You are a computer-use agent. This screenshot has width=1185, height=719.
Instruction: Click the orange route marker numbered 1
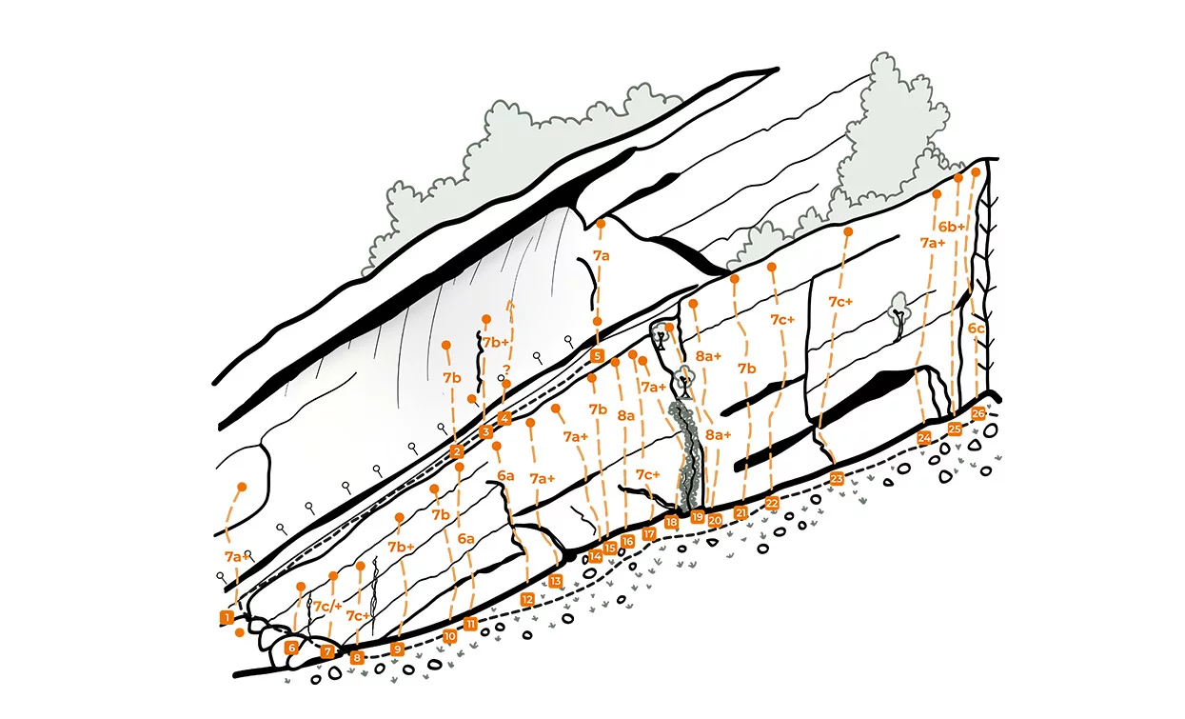click(x=227, y=617)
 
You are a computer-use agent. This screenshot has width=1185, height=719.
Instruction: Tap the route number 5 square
click(x=597, y=356)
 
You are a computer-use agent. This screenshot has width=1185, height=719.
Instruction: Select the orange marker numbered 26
click(x=978, y=413)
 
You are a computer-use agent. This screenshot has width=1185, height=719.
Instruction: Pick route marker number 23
click(x=837, y=478)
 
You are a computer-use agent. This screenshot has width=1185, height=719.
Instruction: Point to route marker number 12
click(x=527, y=600)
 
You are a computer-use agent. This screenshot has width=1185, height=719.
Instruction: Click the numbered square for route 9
click(x=398, y=649)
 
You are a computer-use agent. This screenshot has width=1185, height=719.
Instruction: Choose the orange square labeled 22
click(x=772, y=503)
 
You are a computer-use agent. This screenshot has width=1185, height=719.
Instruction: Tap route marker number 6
click(x=292, y=648)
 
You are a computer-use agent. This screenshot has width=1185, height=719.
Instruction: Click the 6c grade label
click(x=977, y=329)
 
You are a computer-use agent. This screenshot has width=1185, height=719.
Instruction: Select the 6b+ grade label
click(x=952, y=227)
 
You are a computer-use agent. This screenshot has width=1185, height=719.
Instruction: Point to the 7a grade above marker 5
click(x=601, y=255)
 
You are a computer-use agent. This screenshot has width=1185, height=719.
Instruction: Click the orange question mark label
click(x=507, y=369)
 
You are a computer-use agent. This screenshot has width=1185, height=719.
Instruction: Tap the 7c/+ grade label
click(x=328, y=607)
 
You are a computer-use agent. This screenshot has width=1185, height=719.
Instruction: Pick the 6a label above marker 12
click(x=504, y=475)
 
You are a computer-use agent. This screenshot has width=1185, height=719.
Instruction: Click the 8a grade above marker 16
click(x=625, y=416)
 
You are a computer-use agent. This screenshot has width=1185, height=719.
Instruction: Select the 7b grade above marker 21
click(x=747, y=368)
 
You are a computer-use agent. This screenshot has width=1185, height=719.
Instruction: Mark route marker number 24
click(x=924, y=438)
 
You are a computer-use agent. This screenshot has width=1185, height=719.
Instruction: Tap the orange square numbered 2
click(x=457, y=451)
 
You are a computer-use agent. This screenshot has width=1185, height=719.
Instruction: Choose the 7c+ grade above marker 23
click(x=839, y=302)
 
